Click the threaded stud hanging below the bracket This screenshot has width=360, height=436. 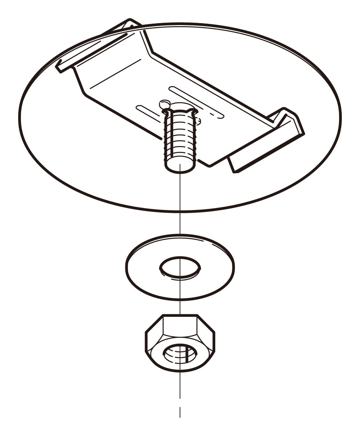pos(180,138)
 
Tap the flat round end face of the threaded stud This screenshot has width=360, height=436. pos(180,166)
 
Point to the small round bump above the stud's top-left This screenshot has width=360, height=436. pos(164,103)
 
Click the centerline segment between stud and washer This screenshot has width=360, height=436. pos(180,203)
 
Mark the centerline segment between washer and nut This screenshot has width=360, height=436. pos(180,307)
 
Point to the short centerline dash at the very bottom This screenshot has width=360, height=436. pos(180,412)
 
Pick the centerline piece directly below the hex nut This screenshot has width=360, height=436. pos(180,385)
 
